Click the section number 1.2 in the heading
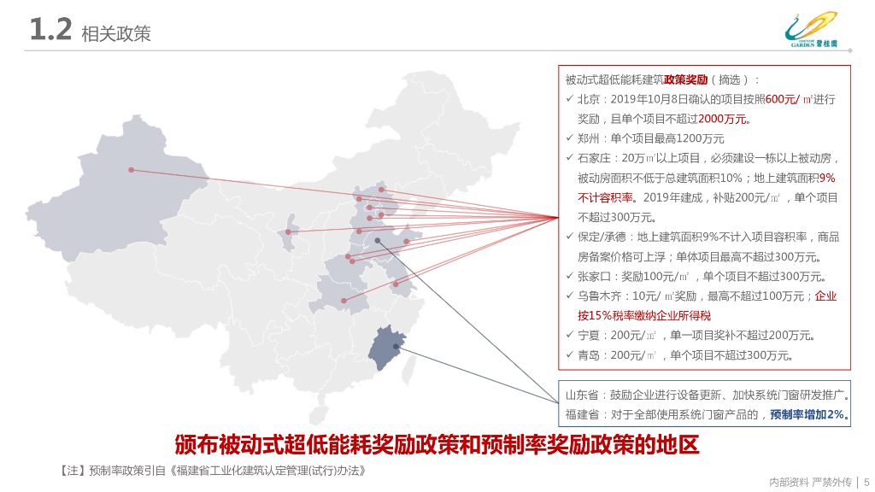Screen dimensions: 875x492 (50, 29)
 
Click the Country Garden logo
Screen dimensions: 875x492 (812, 29)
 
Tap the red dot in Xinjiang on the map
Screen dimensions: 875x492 (131, 170)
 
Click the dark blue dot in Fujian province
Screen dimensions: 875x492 (396, 347)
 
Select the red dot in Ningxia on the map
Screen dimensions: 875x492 (288, 232)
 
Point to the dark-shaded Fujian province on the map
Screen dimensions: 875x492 (386, 347)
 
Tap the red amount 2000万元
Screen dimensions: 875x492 (722, 119)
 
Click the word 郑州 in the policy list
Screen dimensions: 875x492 (588, 138)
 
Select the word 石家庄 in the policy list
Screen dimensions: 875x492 (594, 158)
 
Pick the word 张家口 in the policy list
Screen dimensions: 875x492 (594, 277)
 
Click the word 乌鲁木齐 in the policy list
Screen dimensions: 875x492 (599, 296)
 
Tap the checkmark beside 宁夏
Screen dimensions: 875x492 (570, 335)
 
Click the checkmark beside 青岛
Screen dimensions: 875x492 (570, 354)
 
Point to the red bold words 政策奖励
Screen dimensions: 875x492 (686, 79)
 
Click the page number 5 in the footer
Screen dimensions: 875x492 (866, 482)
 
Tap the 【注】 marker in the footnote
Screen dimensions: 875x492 (72, 471)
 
